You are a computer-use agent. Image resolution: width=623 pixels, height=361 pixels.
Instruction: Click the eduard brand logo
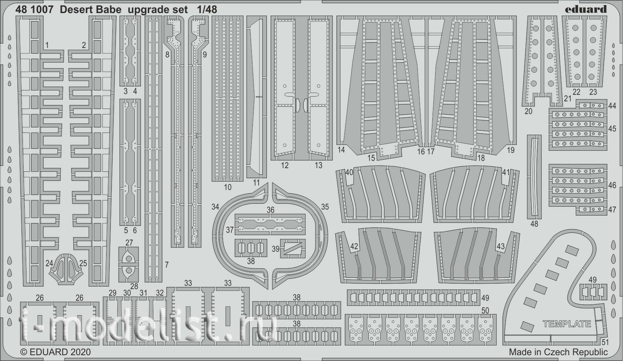[x=586, y=9]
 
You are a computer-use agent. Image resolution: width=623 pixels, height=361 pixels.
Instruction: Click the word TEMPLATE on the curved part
[x=567, y=324]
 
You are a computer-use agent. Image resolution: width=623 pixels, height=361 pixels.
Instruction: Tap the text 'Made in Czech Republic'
[x=558, y=352]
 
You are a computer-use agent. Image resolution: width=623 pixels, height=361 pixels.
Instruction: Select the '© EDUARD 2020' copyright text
[x=55, y=352]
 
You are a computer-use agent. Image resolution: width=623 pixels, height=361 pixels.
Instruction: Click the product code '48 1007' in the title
[x=35, y=10]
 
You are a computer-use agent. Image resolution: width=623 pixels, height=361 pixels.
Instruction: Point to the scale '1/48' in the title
[x=207, y=10]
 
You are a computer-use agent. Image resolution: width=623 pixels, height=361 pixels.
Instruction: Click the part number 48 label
[x=534, y=224]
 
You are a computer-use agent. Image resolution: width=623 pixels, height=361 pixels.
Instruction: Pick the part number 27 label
[x=129, y=243]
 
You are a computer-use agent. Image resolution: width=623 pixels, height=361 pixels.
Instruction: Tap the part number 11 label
[x=256, y=183]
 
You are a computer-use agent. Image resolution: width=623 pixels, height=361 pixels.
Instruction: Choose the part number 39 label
[x=275, y=248]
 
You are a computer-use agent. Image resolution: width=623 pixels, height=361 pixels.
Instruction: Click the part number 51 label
[x=605, y=342]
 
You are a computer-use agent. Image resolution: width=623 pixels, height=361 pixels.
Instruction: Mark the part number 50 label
[x=485, y=311]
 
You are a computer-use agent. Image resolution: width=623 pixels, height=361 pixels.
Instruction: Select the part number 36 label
[x=270, y=210]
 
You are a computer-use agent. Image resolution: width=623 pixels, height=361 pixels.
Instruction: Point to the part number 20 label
[x=528, y=111]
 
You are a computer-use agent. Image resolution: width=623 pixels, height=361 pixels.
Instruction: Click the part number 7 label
[x=167, y=265]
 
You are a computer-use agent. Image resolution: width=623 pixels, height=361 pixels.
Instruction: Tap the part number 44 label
[x=612, y=106]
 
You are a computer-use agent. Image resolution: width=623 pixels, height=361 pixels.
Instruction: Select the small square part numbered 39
[x=293, y=248]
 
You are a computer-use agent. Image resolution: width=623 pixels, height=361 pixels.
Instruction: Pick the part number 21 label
[x=568, y=98]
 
